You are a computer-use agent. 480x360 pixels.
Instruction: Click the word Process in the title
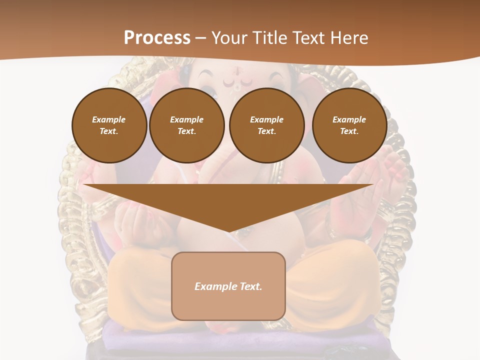point(157,37)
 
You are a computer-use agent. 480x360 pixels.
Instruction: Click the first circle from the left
point(109,125)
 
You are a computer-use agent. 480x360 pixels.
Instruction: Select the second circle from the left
point(186,125)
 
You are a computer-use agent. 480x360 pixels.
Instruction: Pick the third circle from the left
point(266,125)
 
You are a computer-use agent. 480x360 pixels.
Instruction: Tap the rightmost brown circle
point(349,125)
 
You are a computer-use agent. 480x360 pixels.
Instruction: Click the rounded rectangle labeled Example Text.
point(228,286)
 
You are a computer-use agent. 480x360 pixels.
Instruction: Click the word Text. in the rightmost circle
point(349,131)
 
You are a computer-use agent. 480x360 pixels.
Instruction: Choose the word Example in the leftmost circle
point(109,119)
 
